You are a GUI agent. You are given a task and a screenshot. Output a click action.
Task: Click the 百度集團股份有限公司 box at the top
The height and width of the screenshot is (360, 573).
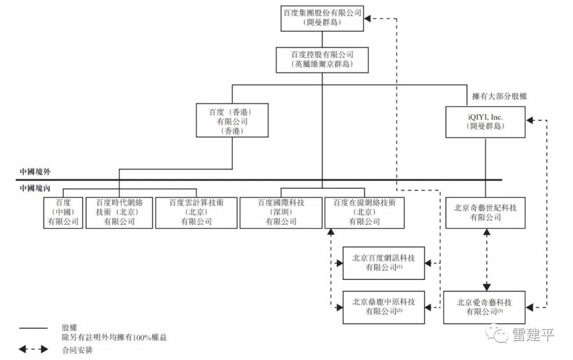pos(323,18)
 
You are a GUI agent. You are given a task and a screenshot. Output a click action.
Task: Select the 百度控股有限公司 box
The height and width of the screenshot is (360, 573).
pos(323,60)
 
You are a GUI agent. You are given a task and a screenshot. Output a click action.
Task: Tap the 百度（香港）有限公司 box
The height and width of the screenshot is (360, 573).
pos(232,120)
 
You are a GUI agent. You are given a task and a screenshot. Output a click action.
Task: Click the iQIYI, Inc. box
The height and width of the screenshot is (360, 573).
pos(485,122)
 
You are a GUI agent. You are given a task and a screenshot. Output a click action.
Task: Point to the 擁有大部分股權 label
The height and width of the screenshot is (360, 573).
pos(499,96)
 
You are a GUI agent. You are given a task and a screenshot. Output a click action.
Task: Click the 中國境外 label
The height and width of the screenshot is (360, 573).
pos(35,172)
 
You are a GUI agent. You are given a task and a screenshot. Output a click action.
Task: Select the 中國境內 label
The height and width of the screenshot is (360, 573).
pos(35,188)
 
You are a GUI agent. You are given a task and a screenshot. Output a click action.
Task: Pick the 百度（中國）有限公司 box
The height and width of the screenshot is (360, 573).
pos(63,213)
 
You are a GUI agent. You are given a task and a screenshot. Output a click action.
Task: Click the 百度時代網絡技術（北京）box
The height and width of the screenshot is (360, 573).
pos(119,213)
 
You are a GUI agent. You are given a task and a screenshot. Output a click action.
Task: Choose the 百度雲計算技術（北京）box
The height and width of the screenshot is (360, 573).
pos(196,213)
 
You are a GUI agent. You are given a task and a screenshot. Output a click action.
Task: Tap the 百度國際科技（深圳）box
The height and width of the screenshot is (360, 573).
pos(281,213)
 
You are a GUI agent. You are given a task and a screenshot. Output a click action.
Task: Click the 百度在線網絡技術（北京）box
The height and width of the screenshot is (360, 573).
pos(364,213)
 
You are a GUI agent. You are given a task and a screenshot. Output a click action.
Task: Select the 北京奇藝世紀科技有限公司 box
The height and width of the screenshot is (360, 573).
pos(485,213)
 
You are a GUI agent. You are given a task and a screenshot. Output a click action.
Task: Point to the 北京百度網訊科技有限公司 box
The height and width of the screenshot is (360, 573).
pos(384,264)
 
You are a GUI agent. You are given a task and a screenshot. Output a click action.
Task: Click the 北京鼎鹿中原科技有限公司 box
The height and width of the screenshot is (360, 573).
pos(384,308)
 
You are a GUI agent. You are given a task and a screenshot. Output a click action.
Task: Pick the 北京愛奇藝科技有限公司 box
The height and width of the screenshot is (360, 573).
pos(484,308)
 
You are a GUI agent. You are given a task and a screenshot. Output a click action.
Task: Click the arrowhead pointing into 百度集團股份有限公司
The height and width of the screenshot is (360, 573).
pos(368,18)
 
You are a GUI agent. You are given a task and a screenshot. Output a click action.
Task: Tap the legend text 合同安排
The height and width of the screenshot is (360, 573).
pos(77,350)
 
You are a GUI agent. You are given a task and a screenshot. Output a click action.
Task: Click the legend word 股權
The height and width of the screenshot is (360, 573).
pos(70,328)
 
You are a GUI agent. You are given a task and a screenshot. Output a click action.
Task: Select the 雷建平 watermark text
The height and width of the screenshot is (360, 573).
pos(533,335)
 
